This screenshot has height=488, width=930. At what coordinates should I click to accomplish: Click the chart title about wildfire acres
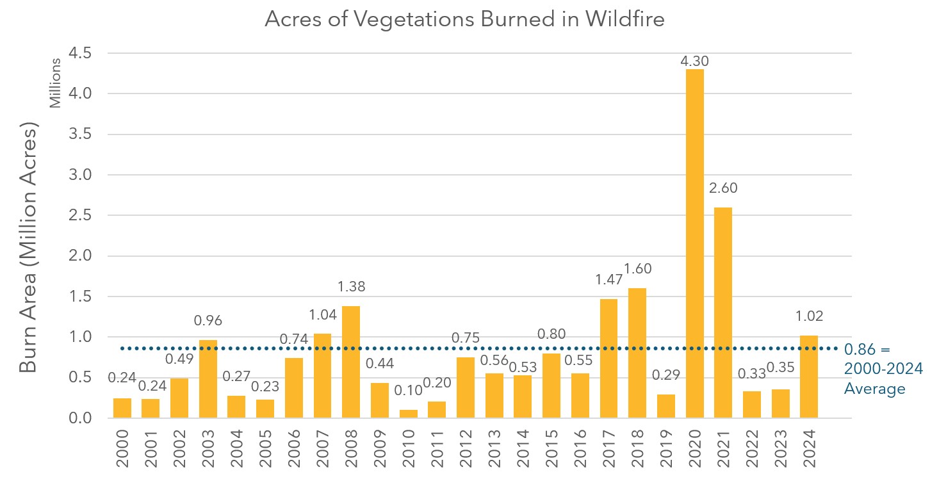pyautogui.click(x=465, y=20)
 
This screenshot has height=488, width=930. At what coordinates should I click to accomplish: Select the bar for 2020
pyautogui.click(x=694, y=243)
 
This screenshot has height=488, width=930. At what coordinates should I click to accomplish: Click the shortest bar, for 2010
pyautogui.click(x=408, y=414)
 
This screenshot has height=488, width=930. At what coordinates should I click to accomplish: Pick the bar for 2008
pyautogui.click(x=351, y=362)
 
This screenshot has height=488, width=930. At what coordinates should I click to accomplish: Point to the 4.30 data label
pyautogui.click(x=694, y=61)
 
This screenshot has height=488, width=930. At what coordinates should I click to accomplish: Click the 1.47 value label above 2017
pyautogui.click(x=608, y=279)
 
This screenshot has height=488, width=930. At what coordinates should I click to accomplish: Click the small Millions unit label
pyautogui.click(x=56, y=83)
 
